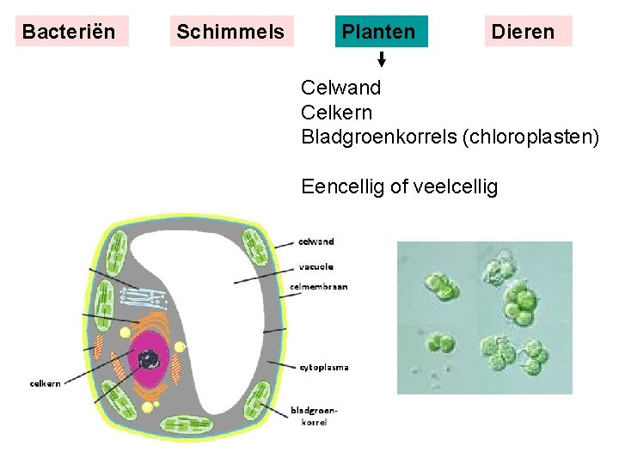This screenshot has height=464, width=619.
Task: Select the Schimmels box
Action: [x=230, y=32]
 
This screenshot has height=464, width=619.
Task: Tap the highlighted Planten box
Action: [x=379, y=32]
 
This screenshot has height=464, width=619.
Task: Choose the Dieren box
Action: [x=523, y=32]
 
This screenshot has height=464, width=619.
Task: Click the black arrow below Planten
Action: [x=382, y=59]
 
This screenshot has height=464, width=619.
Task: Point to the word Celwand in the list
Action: [x=341, y=88]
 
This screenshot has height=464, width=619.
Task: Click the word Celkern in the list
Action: [x=337, y=112]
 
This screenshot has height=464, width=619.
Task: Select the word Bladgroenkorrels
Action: [x=378, y=137]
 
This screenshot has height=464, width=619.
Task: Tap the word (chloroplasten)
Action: [x=530, y=137]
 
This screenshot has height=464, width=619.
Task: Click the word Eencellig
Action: [x=340, y=186]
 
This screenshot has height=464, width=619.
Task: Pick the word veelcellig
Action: [x=456, y=186]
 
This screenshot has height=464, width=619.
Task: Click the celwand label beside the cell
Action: [x=316, y=241]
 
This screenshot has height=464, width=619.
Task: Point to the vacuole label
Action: [x=317, y=266]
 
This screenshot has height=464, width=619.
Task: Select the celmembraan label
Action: [x=324, y=287]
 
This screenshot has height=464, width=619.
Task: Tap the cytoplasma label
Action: [x=324, y=367]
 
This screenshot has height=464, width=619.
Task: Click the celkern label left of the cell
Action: [x=45, y=383]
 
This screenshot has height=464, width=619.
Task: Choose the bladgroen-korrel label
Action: [x=314, y=416]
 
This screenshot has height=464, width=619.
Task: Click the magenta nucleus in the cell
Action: [x=149, y=358]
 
